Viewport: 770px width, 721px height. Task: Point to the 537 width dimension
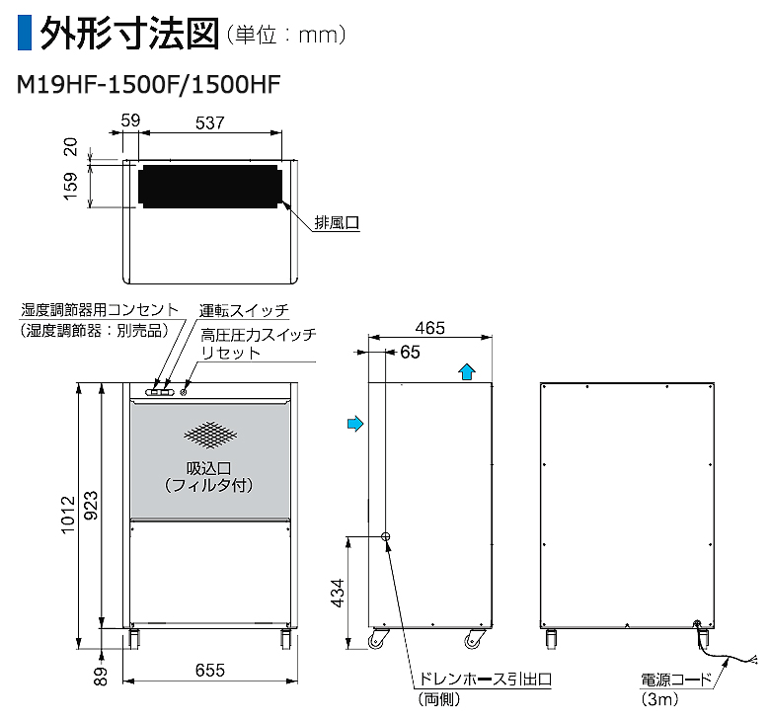[208, 123]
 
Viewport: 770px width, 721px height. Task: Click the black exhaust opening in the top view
[208, 187]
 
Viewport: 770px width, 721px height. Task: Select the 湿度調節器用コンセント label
[101, 310]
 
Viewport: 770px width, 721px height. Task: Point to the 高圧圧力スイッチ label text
[258, 336]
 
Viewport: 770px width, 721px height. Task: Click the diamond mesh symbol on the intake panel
[209, 434]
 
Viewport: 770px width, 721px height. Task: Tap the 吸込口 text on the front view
[208, 468]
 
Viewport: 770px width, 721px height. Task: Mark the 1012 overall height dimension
[67, 514]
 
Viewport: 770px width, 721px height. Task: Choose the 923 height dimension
[91, 504]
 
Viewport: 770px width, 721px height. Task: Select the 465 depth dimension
[429, 327]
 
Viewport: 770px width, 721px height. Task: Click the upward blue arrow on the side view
[468, 370]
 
